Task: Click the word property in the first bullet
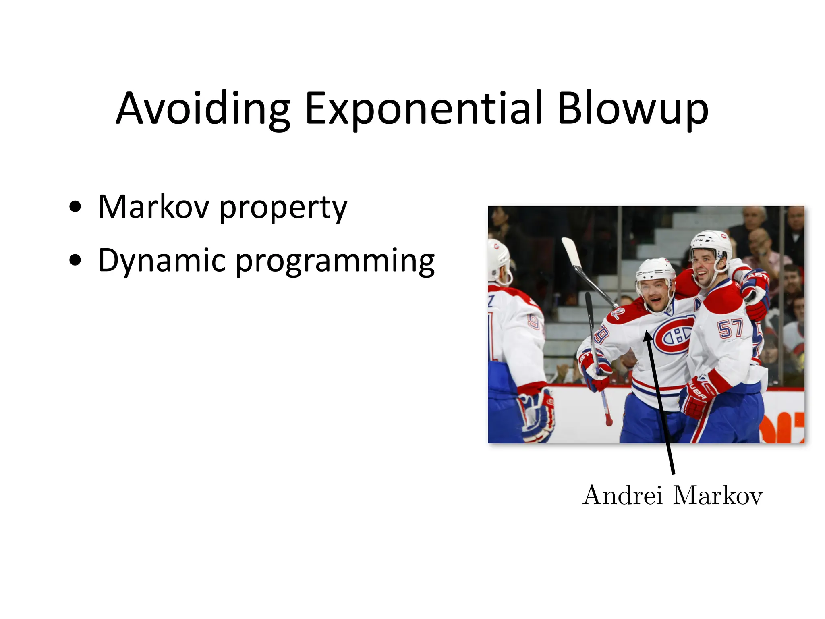[283, 209]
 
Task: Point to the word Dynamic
[161, 261]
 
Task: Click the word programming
[334, 262]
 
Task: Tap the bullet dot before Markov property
[75, 207]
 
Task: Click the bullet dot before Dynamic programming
[75, 260]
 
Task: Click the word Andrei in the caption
[622, 495]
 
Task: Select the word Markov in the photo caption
[718, 495]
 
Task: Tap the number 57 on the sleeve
[730, 328]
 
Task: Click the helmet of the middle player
[655, 270]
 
